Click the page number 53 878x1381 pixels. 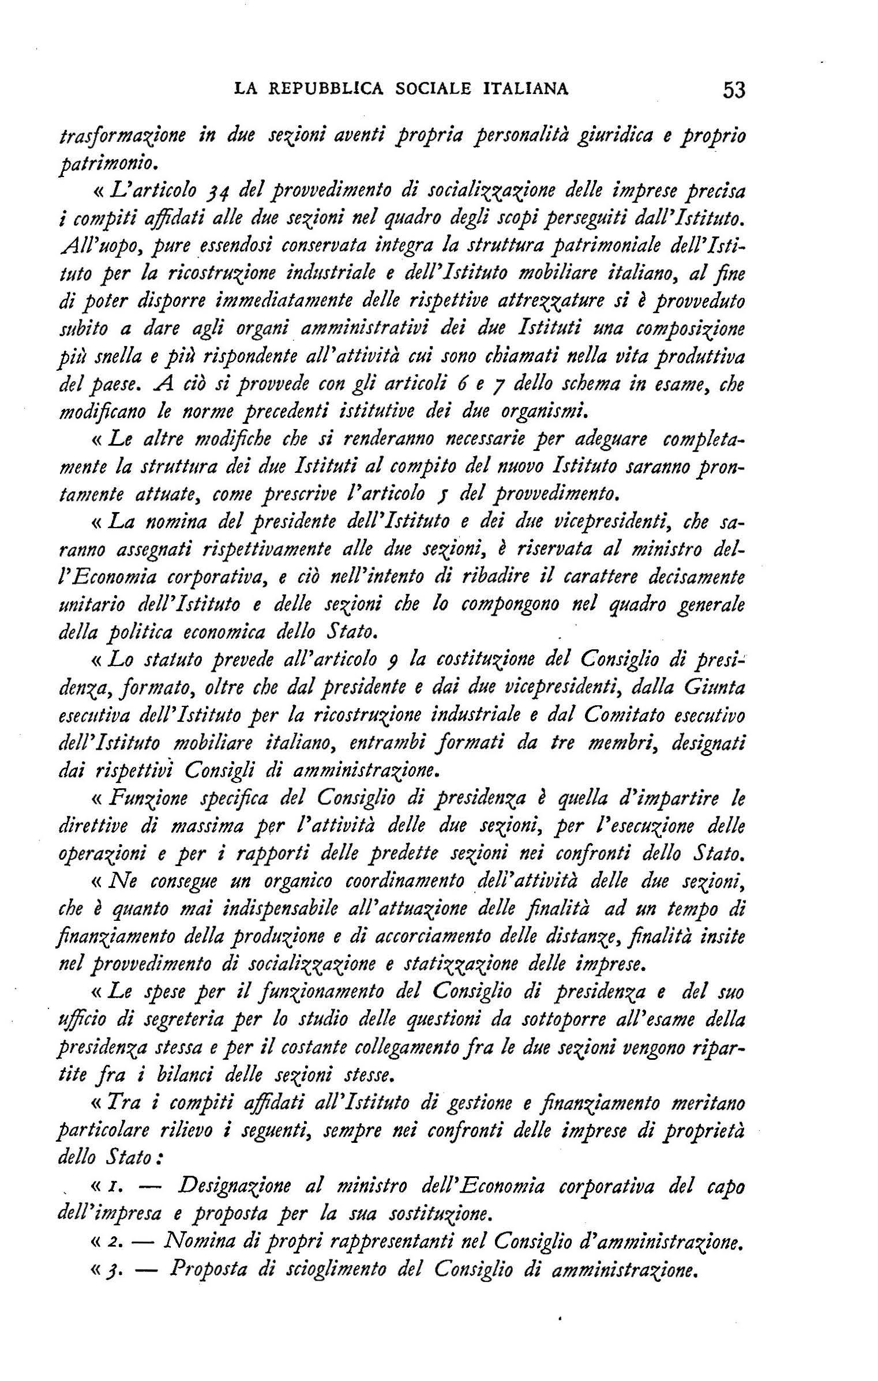click(734, 90)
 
